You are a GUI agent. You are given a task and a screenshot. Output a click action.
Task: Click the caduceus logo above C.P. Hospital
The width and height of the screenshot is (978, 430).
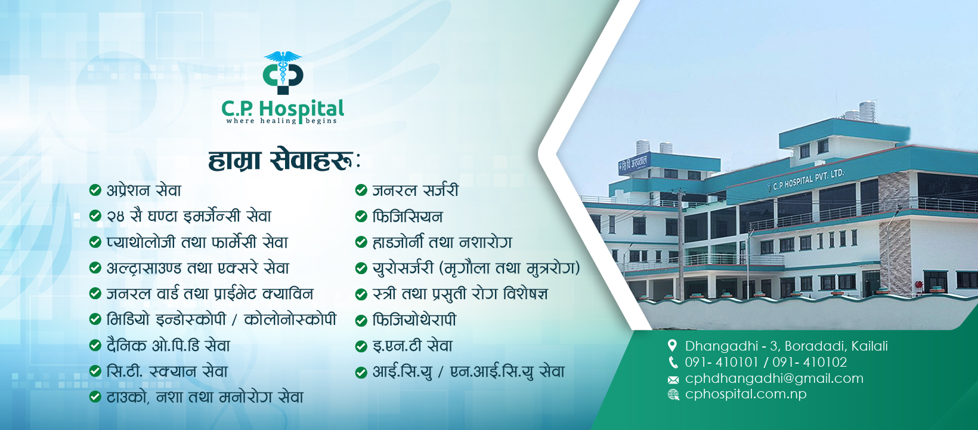[283, 73]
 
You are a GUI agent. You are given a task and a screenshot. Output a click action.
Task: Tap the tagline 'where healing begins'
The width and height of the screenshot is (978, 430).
[281, 121]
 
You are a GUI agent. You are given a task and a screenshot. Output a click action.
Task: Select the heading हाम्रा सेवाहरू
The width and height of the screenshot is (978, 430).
[284, 161]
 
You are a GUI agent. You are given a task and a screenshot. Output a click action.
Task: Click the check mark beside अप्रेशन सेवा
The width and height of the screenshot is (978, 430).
[95, 190]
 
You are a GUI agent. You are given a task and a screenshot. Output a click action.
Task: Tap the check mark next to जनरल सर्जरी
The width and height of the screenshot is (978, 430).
[361, 190]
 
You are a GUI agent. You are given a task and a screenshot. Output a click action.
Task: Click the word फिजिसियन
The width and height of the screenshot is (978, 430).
[407, 216]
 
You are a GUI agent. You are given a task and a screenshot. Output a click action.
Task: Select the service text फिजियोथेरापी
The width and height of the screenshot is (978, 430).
[414, 320]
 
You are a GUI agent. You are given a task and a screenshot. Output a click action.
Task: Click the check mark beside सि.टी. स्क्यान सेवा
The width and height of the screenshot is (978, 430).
[95, 371]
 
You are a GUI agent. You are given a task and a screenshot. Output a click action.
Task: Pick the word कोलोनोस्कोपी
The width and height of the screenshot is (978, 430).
[290, 319]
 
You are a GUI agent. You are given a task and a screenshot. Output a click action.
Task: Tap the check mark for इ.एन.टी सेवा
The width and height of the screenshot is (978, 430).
[361, 346]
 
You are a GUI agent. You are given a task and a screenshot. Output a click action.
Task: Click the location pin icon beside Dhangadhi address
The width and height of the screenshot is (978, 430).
[673, 346]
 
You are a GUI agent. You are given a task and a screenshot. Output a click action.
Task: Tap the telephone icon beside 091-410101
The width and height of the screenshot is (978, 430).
[673, 363]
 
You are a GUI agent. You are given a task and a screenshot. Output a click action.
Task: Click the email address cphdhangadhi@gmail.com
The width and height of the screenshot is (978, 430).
[774, 379]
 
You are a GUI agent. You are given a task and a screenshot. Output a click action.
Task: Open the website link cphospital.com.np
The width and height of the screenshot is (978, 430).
[745, 394]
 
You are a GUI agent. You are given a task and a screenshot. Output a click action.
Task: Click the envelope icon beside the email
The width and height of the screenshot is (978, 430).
[673, 380]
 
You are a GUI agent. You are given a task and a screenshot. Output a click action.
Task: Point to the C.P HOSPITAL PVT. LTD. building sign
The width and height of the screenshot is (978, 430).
[807, 180]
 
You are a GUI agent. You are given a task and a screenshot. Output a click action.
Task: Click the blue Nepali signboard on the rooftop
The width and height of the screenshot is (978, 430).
[635, 164]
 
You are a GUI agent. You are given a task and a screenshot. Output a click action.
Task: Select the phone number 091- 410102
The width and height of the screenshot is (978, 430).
[809, 362]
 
